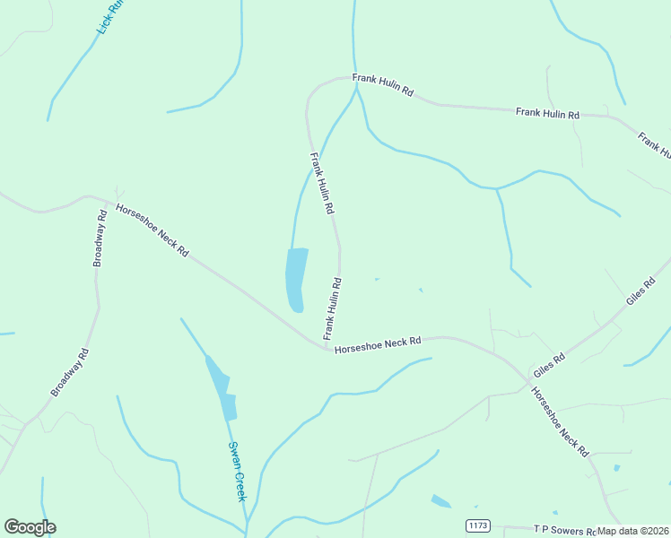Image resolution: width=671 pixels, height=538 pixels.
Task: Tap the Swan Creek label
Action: tap(237, 472)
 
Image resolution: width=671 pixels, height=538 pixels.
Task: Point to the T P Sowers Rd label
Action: tap(564, 530)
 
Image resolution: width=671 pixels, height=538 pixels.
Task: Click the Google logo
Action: tap(30, 527)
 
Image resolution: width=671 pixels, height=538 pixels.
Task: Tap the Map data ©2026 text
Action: tap(633, 531)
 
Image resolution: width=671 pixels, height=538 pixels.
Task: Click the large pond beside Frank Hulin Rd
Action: tap(296, 279)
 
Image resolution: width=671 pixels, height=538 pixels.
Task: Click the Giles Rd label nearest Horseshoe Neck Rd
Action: tap(549, 365)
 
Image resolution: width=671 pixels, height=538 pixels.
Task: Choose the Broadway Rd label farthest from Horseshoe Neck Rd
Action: tap(71, 372)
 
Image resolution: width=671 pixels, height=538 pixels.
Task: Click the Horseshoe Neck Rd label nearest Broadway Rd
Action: tap(152, 230)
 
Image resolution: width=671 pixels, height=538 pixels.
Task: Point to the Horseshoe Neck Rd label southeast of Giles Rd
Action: tap(559, 421)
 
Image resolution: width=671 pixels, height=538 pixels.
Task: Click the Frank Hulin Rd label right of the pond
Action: tap(332, 308)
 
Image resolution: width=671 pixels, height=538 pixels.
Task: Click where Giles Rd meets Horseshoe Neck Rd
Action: tap(527, 380)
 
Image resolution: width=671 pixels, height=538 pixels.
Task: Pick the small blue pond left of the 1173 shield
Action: tap(440, 500)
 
